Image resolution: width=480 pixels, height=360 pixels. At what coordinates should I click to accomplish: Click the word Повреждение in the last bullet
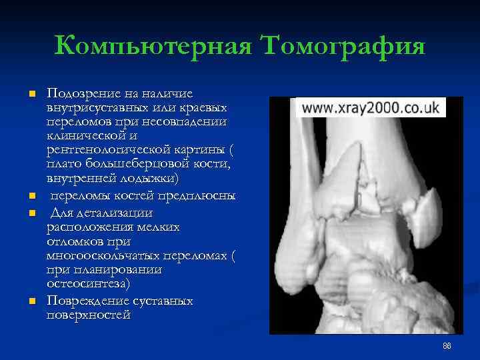point(84,301)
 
